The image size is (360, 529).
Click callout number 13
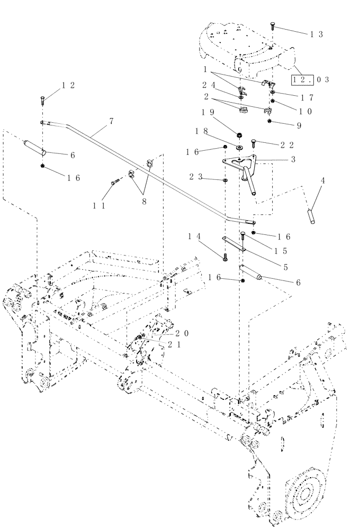click(317, 34)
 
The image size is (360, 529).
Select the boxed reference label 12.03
click(312, 79)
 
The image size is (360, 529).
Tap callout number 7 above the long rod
click(111, 122)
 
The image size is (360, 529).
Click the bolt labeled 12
click(41, 99)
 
